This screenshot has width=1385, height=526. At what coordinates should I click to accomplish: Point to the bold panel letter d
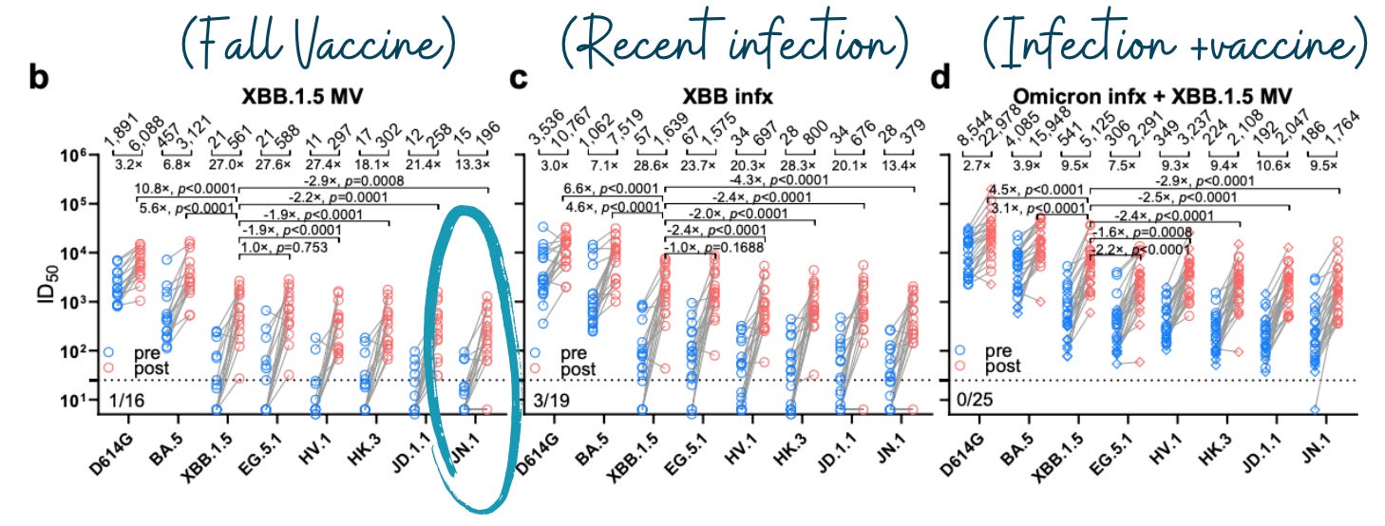point(940,79)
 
